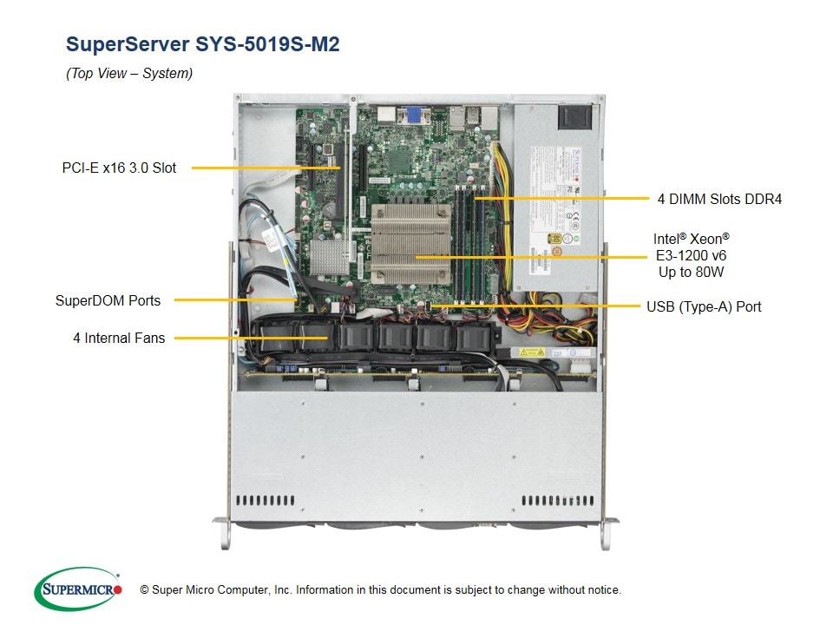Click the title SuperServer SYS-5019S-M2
click(202, 44)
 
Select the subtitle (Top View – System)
click(129, 74)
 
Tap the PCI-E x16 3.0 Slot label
click(119, 168)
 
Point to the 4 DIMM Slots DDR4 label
click(719, 199)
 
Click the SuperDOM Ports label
click(108, 301)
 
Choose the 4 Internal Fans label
click(119, 337)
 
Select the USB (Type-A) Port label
click(704, 306)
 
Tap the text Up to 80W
click(692, 273)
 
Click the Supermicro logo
click(78, 589)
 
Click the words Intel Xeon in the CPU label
click(691, 238)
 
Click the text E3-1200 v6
click(691, 255)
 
